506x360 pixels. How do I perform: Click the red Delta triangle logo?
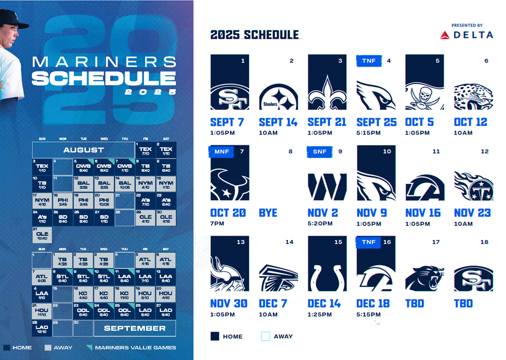[x=444, y=35]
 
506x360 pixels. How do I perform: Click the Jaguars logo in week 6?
[x=473, y=96]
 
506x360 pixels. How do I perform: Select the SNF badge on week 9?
[x=318, y=151]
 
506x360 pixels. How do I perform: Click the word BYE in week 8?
[x=268, y=212]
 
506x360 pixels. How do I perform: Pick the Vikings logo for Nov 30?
[x=229, y=275]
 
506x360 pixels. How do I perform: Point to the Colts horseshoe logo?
[x=327, y=278]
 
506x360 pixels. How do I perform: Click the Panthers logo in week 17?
[x=424, y=278]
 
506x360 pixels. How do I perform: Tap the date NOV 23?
[x=471, y=212]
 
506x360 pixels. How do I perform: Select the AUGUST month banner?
[x=83, y=149]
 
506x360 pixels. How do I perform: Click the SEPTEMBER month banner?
[x=135, y=328]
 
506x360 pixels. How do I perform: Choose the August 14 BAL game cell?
[x=125, y=183]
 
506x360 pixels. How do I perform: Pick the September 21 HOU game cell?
[x=42, y=311]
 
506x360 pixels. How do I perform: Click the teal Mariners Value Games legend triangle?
[x=88, y=347]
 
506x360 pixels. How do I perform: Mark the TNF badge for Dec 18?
[x=369, y=242]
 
